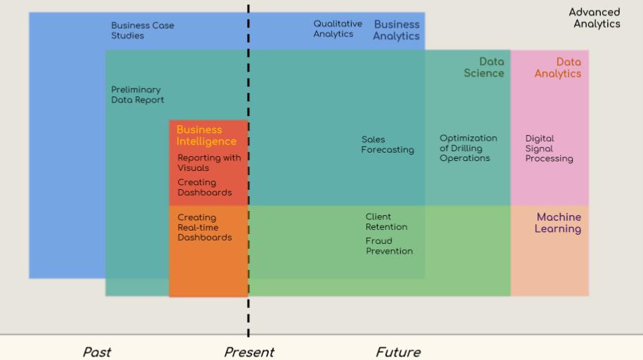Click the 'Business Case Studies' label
pyautogui.click(x=142, y=30)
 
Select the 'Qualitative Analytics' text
pyautogui.click(x=338, y=29)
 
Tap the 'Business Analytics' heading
pyautogui.click(x=396, y=30)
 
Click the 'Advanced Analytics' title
pyautogui.click(x=595, y=18)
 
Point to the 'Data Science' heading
pyautogui.click(x=484, y=67)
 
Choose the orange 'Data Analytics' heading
pyautogui.click(x=558, y=67)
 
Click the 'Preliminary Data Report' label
pyautogui.click(x=137, y=95)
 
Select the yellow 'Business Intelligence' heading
pyautogui.click(x=206, y=135)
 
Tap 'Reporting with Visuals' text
pyautogui.click(x=209, y=163)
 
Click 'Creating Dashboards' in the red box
pyautogui.click(x=204, y=187)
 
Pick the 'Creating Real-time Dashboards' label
pyautogui.click(x=204, y=227)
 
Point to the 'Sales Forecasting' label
pyautogui.click(x=388, y=145)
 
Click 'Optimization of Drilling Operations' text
pyautogui.click(x=469, y=148)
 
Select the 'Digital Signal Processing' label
pyautogui.click(x=549, y=148)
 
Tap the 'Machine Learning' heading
pyautogui.click(x=558, y=223)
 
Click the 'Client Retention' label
pyautogui.click(x=386, y=221)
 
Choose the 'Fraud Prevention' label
pyautogui.click(x=389, y=246)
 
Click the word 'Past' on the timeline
pyautogui.click(x=97, y=352)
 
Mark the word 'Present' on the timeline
pyautogui.click(x=249, y=352)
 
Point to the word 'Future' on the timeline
pyautogui.click(x=398, y=352)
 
